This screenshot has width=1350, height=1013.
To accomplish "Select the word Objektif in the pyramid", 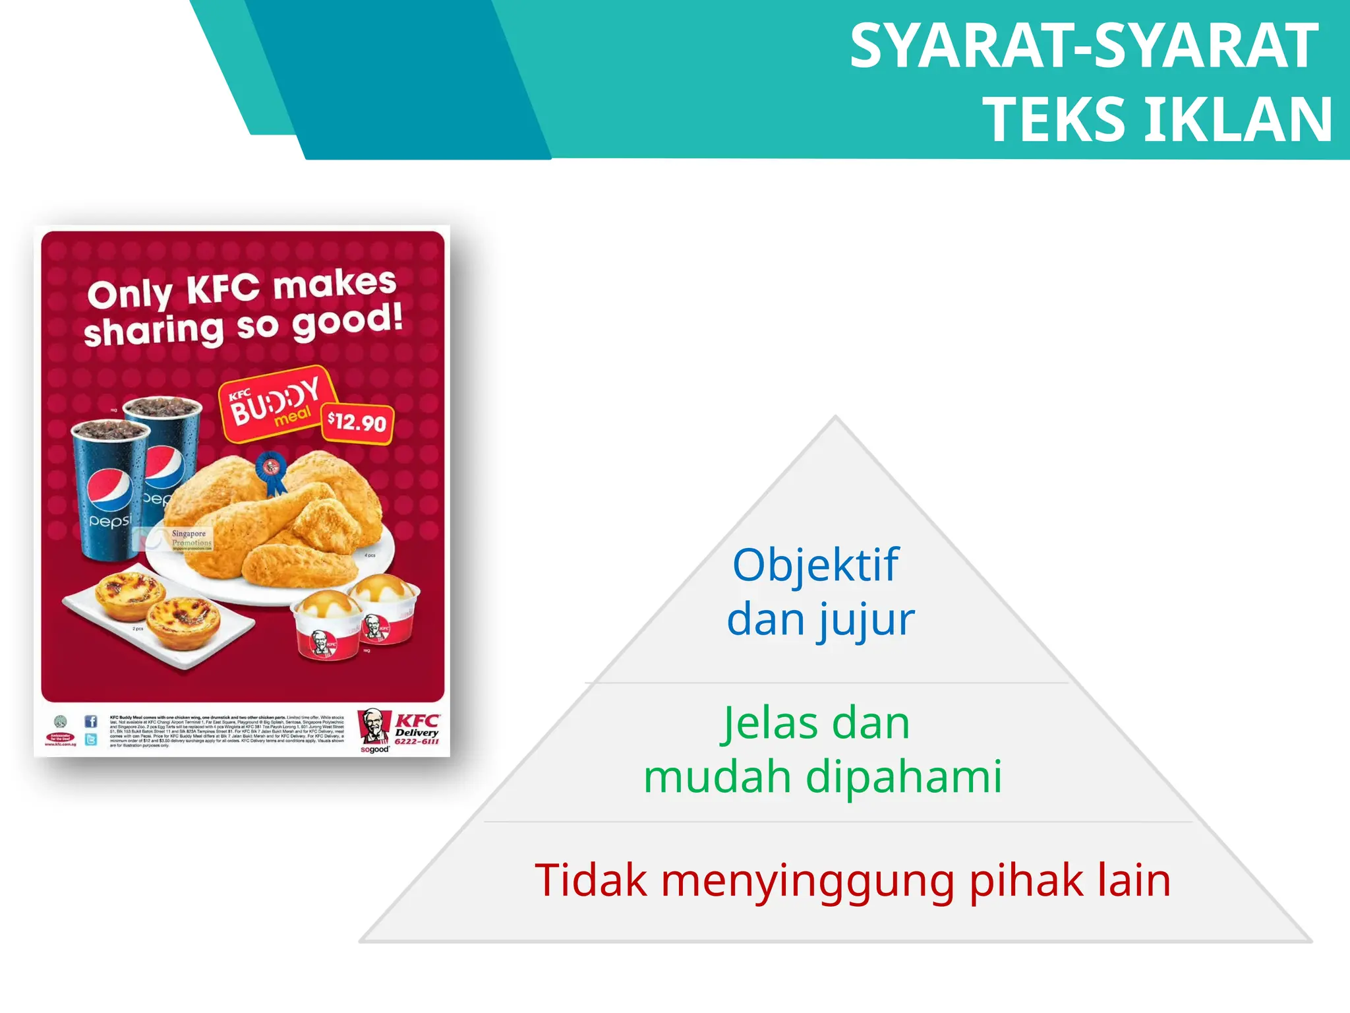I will click(815, 565).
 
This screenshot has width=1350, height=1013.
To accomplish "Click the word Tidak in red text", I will click(591, 880).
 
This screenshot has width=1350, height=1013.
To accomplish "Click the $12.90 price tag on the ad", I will click(357, 422).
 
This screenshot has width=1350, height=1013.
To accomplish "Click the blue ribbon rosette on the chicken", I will click(271, 470).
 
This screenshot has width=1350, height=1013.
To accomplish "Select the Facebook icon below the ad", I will click(91, 721).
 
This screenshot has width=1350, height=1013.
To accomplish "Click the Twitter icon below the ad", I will click(91, 739).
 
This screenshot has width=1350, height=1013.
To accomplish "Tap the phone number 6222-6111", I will click(417, 741).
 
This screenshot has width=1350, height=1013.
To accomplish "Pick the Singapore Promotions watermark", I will click(189, 538).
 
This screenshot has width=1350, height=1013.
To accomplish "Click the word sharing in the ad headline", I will click(154, 330).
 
